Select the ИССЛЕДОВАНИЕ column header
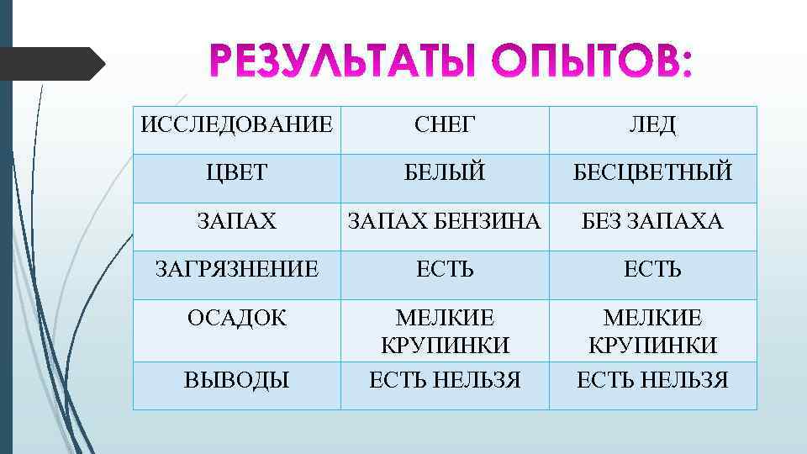click(x=236, y=126)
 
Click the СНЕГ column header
click(x=445, y=126)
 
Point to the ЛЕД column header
click(x=652, y=126)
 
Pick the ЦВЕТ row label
click(x=236, y=173)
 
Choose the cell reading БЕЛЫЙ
click(x=445, y=173)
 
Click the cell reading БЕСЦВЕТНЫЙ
click(x=652, y=173)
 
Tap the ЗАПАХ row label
click(x=236, y=222)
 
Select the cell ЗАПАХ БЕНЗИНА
click(x=445, y=222)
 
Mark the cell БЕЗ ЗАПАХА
click(x=652, y=222)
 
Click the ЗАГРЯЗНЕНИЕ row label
click(x=236, y=269)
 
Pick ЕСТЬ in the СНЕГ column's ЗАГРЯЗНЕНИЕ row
click(x=445, y=269)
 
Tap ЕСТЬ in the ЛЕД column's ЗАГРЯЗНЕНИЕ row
click(x=652, y=269)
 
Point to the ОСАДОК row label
click(x=236, y=319)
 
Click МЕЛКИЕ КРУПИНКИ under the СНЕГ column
click(x=445, y=331)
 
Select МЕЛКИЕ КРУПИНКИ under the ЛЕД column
click(x=652, y=331)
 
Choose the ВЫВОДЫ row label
click(x=236, y=380)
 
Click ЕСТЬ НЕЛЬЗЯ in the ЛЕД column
click(x=652, y=380)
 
